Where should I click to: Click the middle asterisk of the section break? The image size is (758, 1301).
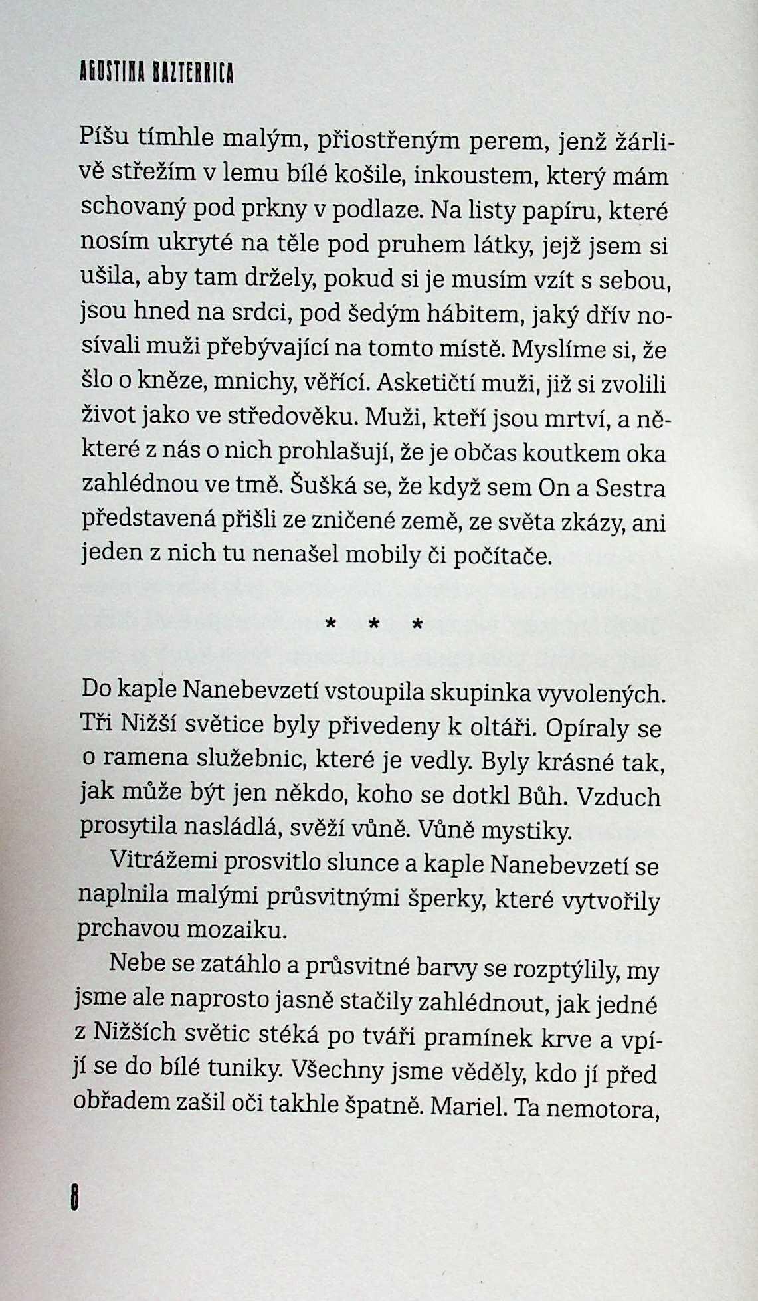point(374,625)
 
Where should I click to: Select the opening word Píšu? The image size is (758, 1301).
point(104,138)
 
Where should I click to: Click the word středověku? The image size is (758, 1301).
point(286,418)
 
